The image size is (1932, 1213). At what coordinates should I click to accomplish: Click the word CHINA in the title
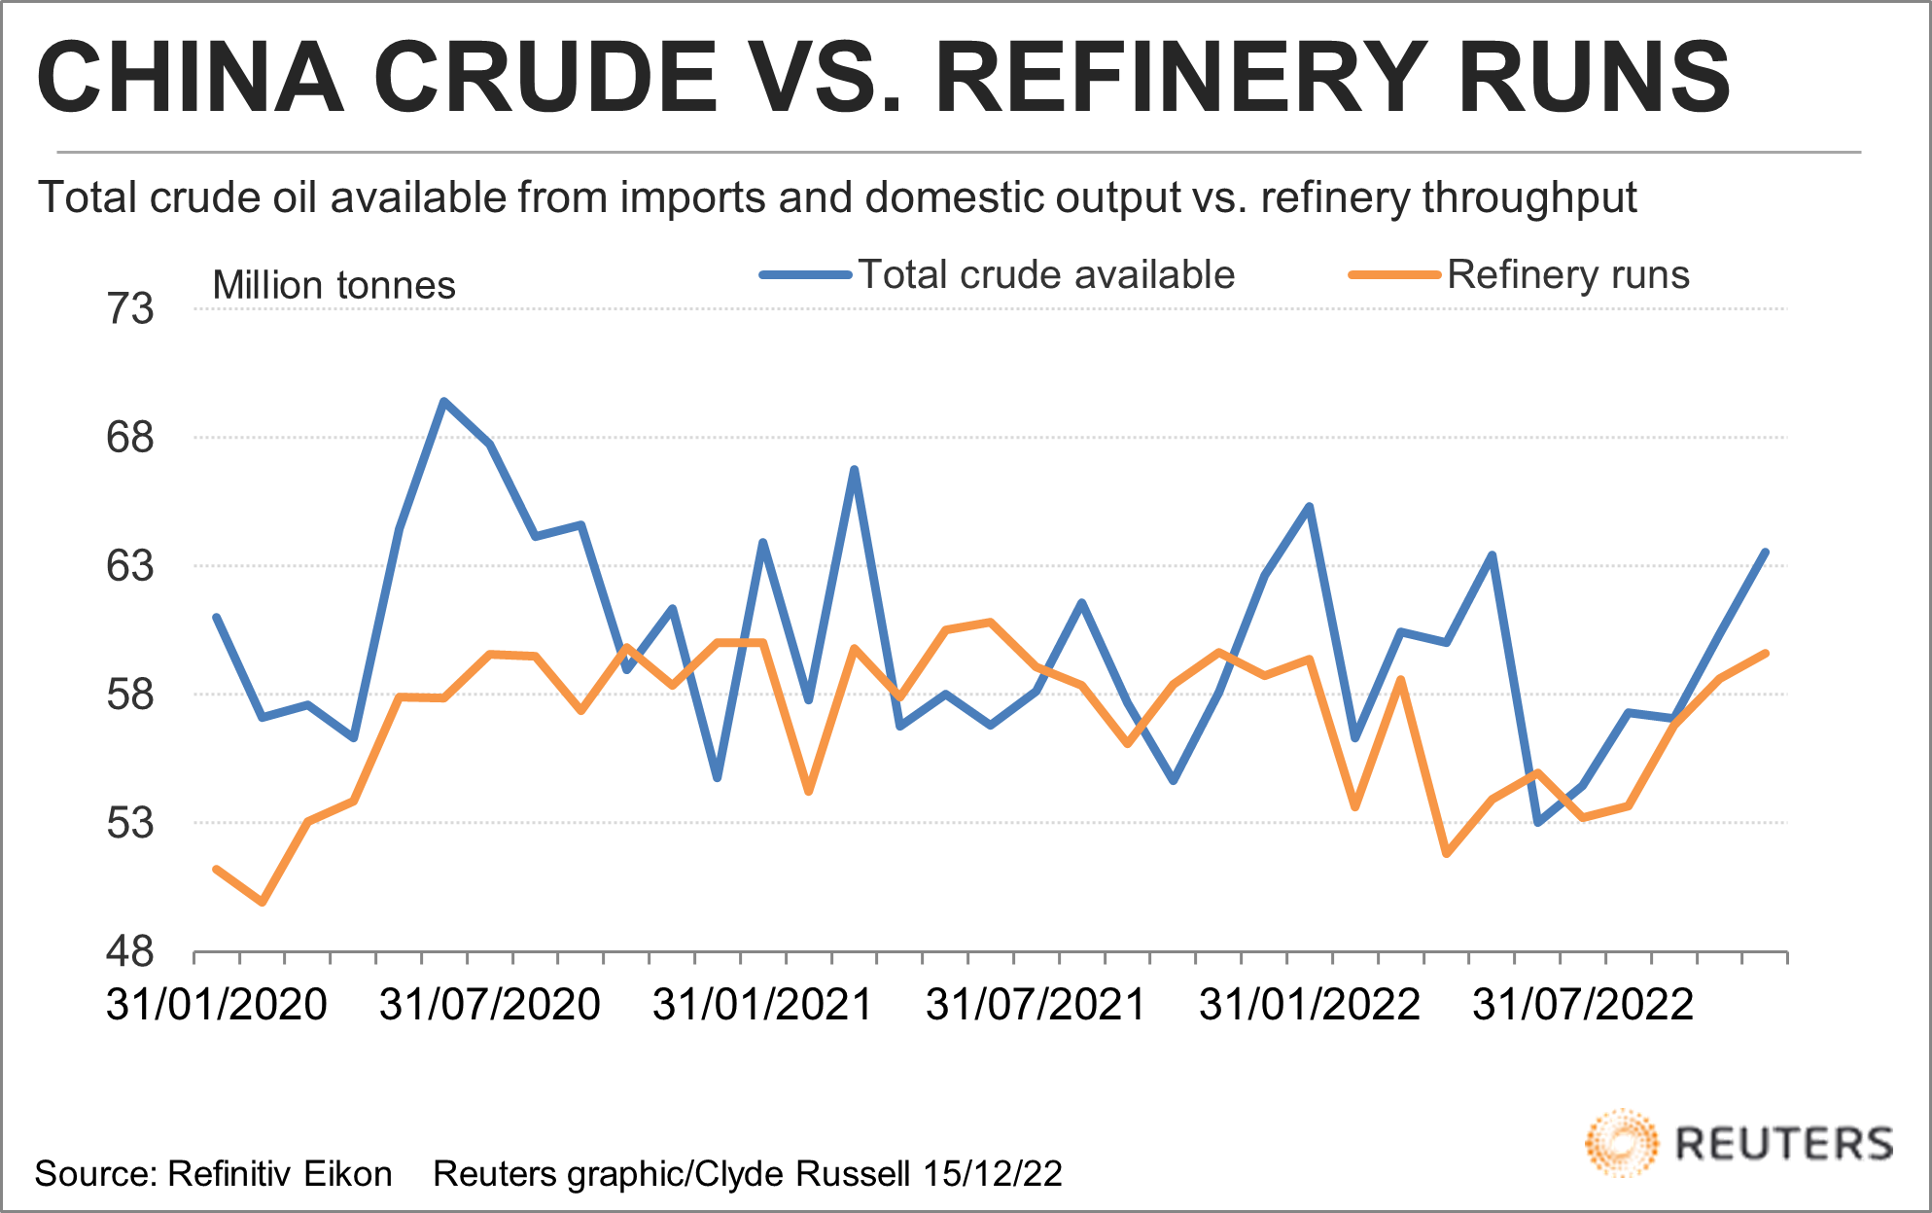[191, 78]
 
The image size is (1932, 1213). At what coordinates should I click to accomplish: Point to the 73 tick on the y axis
[130, 309]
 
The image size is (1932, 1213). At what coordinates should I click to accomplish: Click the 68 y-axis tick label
[130, 438]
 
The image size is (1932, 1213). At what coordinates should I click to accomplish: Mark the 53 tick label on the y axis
[130, 823]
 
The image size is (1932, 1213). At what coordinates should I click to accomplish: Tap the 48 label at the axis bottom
[130, 951]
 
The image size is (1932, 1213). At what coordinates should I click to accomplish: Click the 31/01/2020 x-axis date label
[216, 1005]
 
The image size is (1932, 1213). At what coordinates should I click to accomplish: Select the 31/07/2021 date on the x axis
[1036, 1005]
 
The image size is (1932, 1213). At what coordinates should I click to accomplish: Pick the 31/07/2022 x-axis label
[1583, 1005]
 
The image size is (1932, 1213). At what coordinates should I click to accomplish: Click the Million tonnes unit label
[334, 286]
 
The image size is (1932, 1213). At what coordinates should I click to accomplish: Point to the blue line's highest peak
[443, 401]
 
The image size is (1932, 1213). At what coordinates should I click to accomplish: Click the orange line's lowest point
[263, 903]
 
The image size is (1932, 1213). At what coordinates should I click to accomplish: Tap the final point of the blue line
[1765, 553]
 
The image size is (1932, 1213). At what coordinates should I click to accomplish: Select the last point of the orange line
[1765, 654]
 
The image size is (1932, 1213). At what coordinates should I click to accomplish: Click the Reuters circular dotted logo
[1621, 1143]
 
